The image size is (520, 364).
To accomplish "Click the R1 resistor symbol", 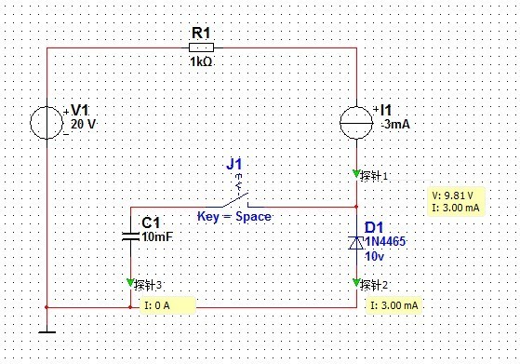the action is pos(201,47).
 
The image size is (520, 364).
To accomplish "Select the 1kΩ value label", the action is pos(201,61).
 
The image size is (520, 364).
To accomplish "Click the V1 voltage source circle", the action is pos(47,123).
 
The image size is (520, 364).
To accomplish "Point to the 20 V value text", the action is pos(83,124).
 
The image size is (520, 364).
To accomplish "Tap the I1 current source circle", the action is pos(356,123).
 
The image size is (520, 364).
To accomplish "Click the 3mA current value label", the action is pos(396,125).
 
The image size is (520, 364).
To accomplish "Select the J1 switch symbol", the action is pos(236,200).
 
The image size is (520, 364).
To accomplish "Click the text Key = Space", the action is pos(234,217).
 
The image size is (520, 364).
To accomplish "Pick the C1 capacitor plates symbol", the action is pos(130,236).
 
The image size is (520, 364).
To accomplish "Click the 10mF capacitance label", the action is pos(157,236).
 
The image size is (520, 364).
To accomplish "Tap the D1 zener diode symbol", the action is pos(356,243).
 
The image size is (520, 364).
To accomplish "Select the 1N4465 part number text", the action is pos(385,241).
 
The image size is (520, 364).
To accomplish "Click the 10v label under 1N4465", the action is pos(374,256).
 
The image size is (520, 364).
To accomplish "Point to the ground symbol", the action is pos(47,331).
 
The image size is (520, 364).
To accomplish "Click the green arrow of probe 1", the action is pos(356,173).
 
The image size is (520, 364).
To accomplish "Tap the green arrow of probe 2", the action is pos(356,283).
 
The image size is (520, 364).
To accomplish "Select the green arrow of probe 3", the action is pos(130,283).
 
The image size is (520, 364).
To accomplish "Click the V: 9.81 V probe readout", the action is pos(453,195).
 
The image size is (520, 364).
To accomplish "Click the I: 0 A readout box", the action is pos(167,305).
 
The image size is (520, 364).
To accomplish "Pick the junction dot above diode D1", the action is pos(356,207).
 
